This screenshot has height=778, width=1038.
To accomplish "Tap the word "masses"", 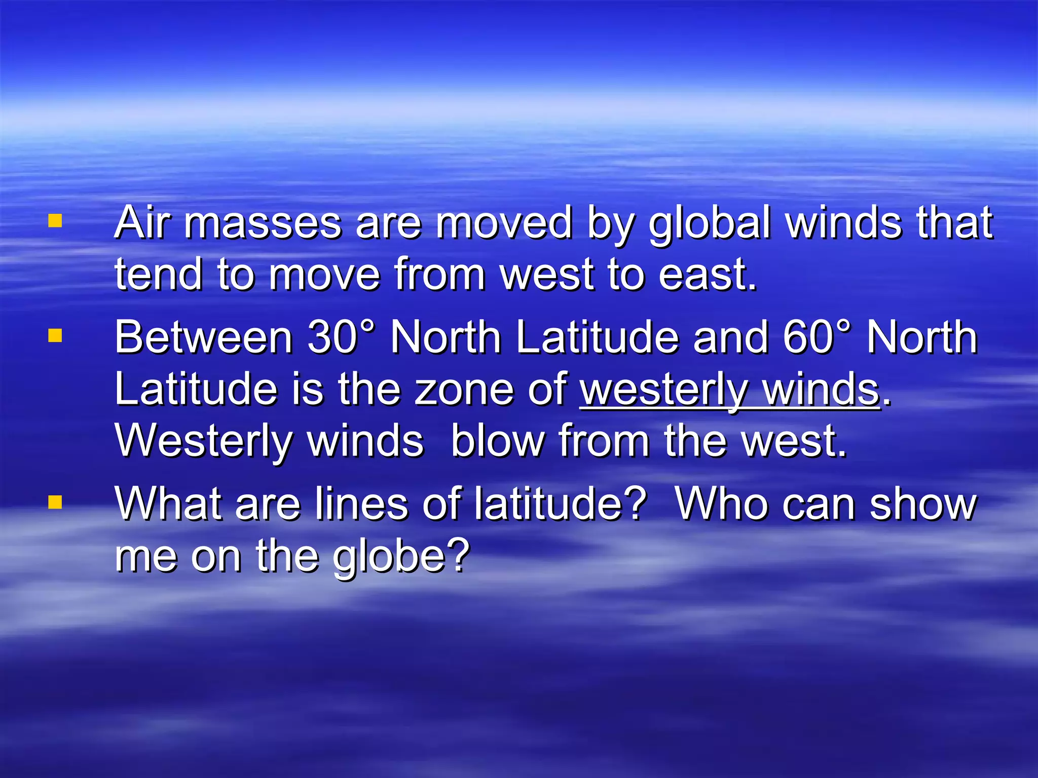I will point(263,224).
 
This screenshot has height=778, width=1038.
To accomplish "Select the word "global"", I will point(710,224).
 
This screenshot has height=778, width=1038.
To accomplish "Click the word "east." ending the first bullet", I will point(708,275).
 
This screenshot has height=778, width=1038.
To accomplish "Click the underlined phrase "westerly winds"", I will point(730,390).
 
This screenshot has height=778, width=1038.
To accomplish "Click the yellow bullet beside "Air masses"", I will point(55,221).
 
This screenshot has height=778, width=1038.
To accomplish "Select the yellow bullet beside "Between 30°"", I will point(55,336).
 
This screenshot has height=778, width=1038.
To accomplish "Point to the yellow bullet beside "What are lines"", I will point(55,502).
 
